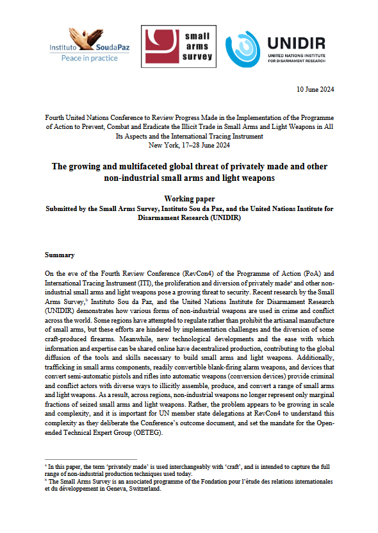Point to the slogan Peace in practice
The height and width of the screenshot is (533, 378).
point(89,58)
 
